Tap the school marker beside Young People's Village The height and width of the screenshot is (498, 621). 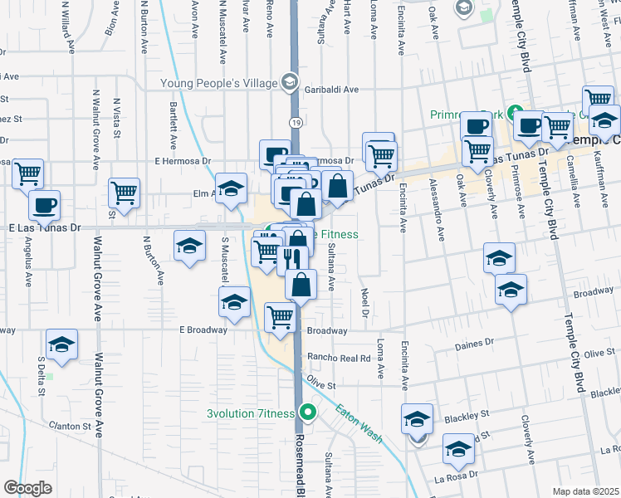(x=289, y=81)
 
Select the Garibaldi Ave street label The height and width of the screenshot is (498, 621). (x=331, y=90)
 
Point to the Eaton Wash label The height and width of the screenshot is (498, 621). (x=359, y=422)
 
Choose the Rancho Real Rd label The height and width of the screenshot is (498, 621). (x=338, y=358)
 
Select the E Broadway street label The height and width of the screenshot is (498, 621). (x=203, y=330)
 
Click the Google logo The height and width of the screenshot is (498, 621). (x=28, y=487)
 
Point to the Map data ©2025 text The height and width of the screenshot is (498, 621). (x=585, y=491)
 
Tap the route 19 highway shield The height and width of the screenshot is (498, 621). (x=296, y=123)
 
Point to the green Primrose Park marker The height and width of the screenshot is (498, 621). (x=515, y=112)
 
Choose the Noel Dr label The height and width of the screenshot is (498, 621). (x=364, y=302)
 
